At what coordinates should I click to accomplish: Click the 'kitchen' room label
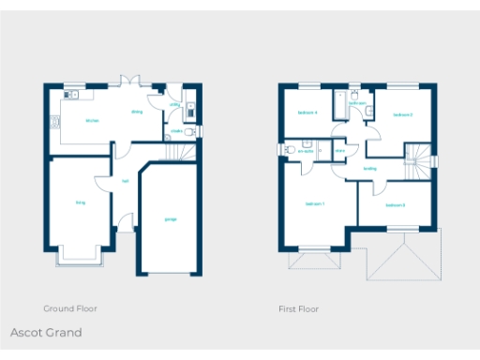[92, 121]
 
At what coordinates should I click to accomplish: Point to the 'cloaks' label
[176, 131]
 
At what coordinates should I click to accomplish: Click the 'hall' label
[125, 182]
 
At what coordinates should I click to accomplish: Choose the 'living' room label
[80, 202]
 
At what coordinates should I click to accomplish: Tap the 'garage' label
[171, 219]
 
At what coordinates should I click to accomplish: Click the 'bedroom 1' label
[315, 203]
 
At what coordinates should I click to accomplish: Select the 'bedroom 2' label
[403, 115]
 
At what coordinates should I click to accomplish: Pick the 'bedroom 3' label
[395, 204]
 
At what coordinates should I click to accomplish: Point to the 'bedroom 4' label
[307, 112]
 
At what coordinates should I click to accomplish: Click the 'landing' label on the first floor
[370, 169]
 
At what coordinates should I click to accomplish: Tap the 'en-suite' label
[306, 150]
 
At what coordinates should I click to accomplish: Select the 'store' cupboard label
[339, 150]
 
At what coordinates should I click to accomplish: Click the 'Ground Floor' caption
[70, 308]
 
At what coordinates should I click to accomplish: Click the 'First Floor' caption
[298, 308]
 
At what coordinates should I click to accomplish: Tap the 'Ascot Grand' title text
[46, 333]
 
